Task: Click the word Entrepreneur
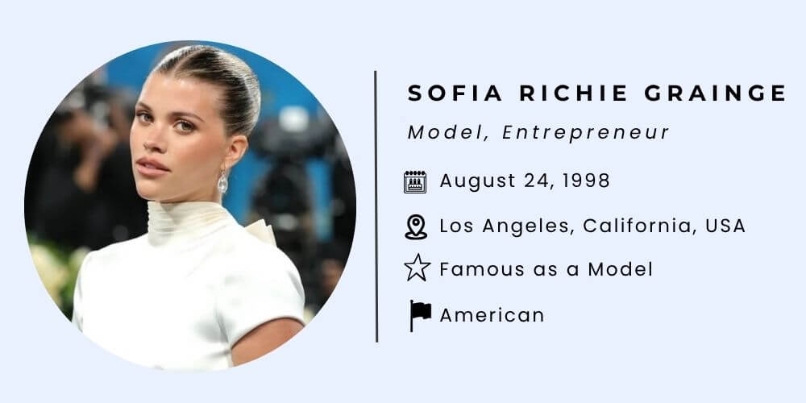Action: [x=586, y=133]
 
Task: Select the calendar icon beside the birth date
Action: [x=415, y=182]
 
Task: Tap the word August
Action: [x=477, y=181]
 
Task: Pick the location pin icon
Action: [x=415, y=226]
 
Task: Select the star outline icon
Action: [x=417, y=268]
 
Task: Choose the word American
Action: [x=492, y=315]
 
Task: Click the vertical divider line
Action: [x=376, y=206]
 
